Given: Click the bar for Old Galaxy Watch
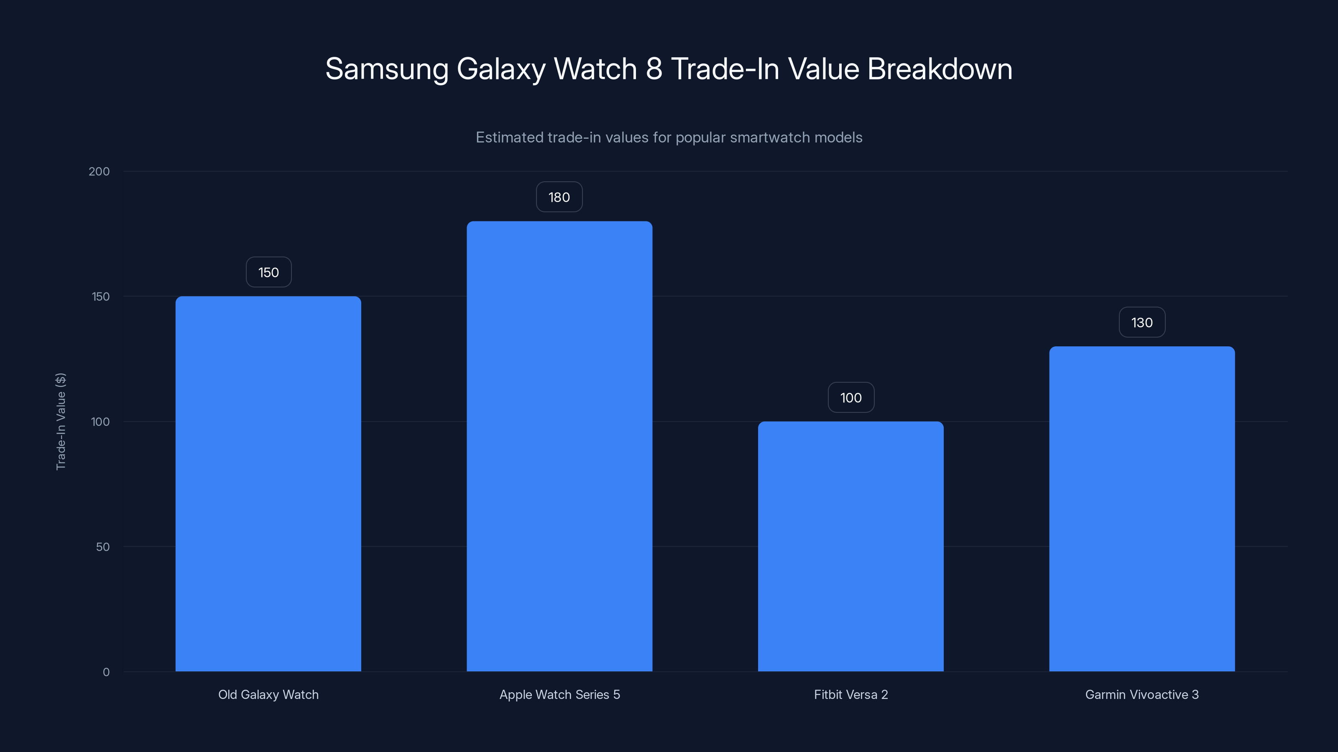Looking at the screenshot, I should click(268, 483).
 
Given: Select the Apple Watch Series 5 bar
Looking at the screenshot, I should click(559, 446).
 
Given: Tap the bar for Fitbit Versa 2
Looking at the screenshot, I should click(850, 546).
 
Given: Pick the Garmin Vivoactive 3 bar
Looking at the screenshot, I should click(1141, 508).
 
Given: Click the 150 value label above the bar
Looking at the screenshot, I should click(268, 272).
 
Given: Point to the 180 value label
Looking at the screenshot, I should click(559, 197).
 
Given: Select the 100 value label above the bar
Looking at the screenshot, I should click(851, 398).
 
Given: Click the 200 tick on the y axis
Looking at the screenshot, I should click(99, 172).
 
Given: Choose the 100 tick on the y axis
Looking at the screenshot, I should click(100, 422).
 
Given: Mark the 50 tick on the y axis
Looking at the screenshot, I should click(103, 547).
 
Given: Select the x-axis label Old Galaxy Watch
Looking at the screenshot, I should click(268, 694).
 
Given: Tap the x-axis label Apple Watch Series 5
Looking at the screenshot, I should click(559, 694).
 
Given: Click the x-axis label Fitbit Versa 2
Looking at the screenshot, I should click(851, 694).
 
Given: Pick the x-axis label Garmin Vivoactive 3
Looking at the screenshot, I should click(1141, 694).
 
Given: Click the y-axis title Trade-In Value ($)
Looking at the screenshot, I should click(61, 422).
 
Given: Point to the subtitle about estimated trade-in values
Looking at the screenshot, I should click(669, 137).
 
